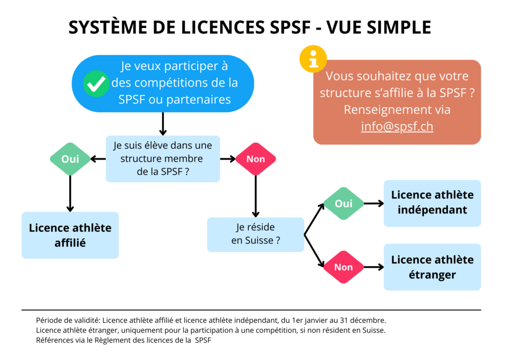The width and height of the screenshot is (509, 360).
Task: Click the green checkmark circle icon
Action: pos(96,84)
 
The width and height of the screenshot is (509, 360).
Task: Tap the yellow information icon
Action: pos(313,59)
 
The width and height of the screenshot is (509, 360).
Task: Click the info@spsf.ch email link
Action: pos(397,126)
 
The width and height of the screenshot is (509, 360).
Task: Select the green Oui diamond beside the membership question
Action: pos(70,159)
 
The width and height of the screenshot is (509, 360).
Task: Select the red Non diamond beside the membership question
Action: pos(255,159)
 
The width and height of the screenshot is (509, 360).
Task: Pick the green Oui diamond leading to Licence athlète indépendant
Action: pos(343,203)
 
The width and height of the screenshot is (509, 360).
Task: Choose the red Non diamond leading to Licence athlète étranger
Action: pos(343,267)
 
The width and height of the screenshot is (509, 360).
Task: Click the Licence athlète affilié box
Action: pos(70,235)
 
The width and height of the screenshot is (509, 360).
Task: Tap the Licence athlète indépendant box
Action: pos(432,203)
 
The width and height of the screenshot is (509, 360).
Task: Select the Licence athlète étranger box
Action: pos(432,267)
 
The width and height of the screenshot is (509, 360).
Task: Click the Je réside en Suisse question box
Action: pos(255,234)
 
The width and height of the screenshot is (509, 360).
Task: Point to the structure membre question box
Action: pos(163,159)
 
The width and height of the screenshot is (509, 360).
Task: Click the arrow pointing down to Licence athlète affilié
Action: pos(70,194)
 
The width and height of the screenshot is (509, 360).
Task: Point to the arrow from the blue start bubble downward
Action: pos(163,124)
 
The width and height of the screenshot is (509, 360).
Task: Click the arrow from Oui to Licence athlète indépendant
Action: pos(373,203)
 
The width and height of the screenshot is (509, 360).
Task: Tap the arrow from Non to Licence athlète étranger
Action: pos(373,267)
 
